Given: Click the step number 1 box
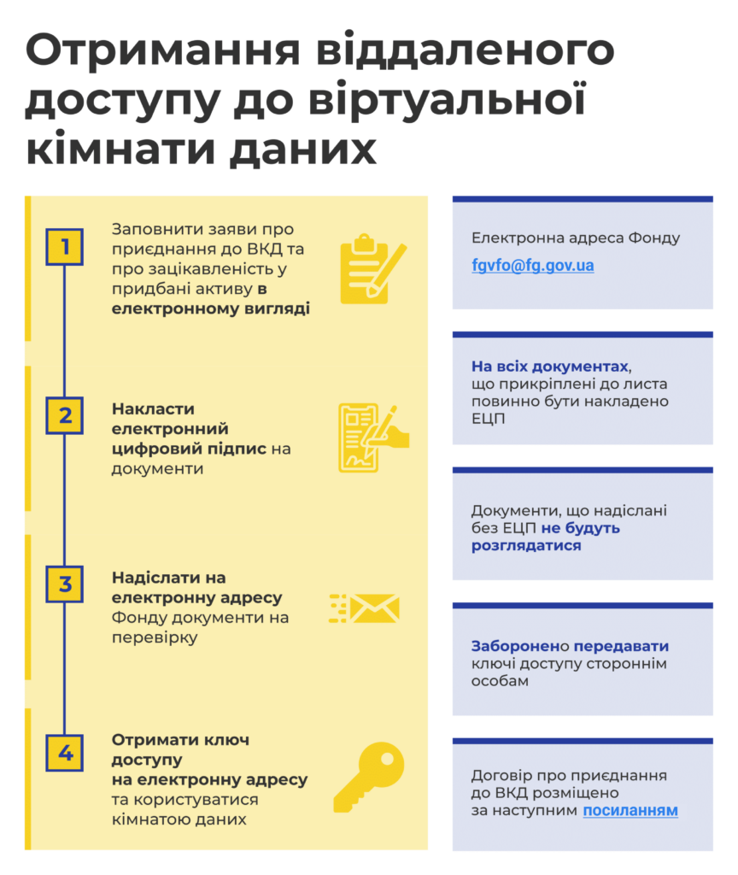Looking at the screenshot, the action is (x=65, y=247).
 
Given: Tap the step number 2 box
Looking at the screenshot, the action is (x=65, y=416).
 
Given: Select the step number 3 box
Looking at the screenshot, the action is (x=65, y=584).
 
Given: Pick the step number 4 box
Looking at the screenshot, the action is (x=65, y=754).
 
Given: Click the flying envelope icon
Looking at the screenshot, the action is (x=364, y=608).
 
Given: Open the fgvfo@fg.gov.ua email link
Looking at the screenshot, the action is (x=533, y=266).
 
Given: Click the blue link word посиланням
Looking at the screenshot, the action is (x=630, y=810).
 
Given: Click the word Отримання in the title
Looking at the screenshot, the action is (x=163, y=51).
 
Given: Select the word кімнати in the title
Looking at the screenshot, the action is (x=123, y=149).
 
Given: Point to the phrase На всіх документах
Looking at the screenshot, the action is (x=550, y=367).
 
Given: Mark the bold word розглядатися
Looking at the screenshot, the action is (x=526, y=546).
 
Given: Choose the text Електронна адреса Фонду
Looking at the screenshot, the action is (x=576, y=238).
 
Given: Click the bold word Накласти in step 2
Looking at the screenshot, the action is (x=154, y=409).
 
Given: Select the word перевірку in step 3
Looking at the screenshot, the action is (x=155, y=637).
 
